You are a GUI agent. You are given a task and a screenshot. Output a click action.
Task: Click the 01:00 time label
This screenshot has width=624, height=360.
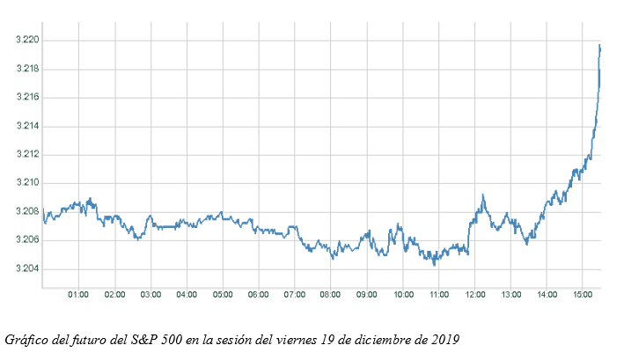[78, 295]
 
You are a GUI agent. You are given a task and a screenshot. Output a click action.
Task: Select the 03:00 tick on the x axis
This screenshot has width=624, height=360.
[150, 295]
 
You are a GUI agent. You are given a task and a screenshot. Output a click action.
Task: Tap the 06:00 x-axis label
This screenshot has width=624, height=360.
[259, 295]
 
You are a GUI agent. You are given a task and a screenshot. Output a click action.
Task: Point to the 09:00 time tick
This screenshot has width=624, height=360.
[366, 295]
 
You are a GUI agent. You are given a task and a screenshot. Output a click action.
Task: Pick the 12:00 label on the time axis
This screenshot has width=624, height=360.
[474, 295]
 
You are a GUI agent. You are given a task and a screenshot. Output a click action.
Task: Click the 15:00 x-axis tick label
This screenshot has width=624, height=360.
[583, 295]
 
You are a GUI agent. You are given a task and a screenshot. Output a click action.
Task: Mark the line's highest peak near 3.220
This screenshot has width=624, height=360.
[599, 45]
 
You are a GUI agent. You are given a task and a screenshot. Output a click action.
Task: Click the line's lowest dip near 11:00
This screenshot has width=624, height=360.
[434, 264]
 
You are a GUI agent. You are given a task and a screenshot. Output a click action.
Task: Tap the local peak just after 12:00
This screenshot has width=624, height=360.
[482, 195]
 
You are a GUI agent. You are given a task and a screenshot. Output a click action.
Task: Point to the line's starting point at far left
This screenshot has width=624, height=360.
[43, 209]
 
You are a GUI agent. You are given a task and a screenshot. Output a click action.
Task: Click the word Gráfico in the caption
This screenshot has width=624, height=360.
[25, 339]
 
